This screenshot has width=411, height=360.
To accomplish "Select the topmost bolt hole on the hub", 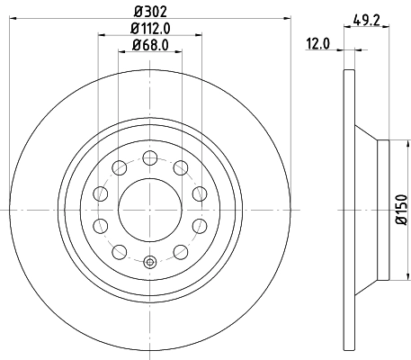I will (149, 157).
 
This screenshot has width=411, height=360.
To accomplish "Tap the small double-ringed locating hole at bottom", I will (149, 263).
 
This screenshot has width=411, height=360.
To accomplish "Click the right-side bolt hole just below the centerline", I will (200, 225).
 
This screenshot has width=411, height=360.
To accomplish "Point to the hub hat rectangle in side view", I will (381, 209).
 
